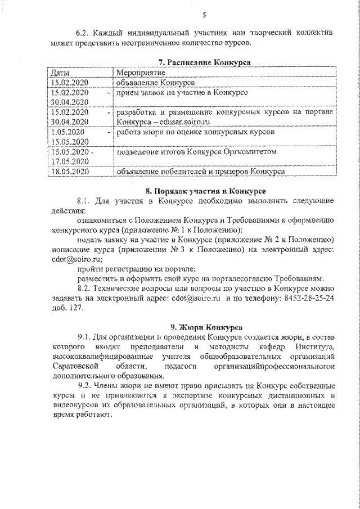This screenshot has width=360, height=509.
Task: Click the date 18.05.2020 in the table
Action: [x=70, y=171]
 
